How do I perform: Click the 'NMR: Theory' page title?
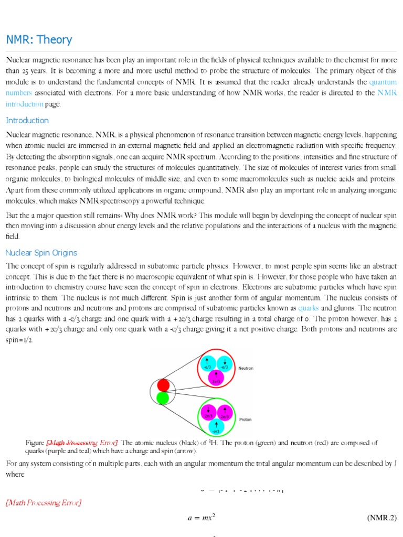(x=39, y=40)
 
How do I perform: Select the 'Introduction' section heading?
(x=27, y=121)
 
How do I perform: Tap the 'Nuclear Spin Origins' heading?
(x=41, y=253)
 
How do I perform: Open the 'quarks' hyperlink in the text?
(x=309, y=308)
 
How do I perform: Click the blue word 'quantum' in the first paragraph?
(x=383, y=82)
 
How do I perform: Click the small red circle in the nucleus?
(x=163, y=385)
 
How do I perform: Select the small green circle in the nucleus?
(x=163, y=399)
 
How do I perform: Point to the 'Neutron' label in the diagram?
(x=246, y=369)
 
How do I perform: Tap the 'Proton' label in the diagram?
(x=245, y=420)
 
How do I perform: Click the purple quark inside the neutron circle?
(x=216, y=378)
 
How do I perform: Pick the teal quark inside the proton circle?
(x=216, y=427)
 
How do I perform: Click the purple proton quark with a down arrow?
(x=208, y=413)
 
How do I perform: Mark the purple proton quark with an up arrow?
(x=225, y=413)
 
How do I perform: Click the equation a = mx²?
(x=201, y=518)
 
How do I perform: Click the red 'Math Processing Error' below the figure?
(x=43, y=503)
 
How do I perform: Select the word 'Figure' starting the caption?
(x=35, y=443)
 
